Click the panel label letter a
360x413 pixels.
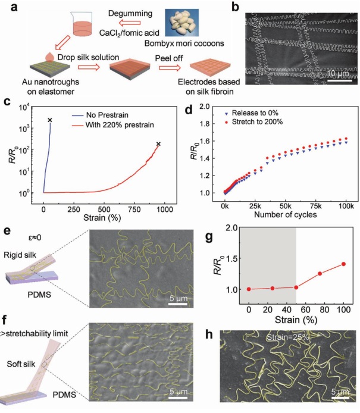[x=7, y=7]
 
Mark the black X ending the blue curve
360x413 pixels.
[x=50, y=120]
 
